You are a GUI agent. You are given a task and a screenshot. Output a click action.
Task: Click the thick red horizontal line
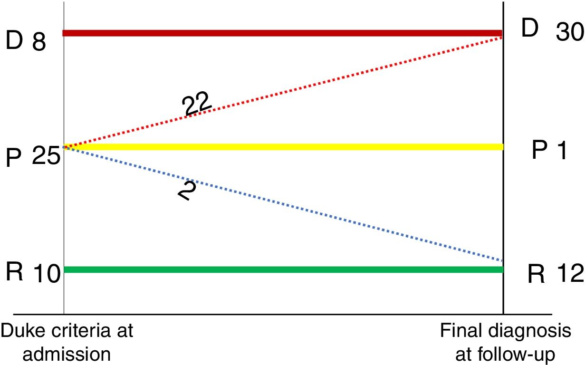point(283,33)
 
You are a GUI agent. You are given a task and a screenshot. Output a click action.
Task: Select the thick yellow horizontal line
point(283,147)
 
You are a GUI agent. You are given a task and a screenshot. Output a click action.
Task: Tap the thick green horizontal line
point(283,269)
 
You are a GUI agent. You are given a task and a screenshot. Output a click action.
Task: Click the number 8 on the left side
point(39,43)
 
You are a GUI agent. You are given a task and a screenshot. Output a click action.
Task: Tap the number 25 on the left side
point(46,155)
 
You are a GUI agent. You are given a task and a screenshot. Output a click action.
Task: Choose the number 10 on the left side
point(47,274)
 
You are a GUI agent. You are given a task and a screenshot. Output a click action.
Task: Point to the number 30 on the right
point(569,32)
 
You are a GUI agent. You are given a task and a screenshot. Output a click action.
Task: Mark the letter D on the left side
point(15,41)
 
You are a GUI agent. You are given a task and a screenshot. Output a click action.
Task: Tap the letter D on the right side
point(530,29)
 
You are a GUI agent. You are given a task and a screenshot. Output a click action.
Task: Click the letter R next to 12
point(537,274)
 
